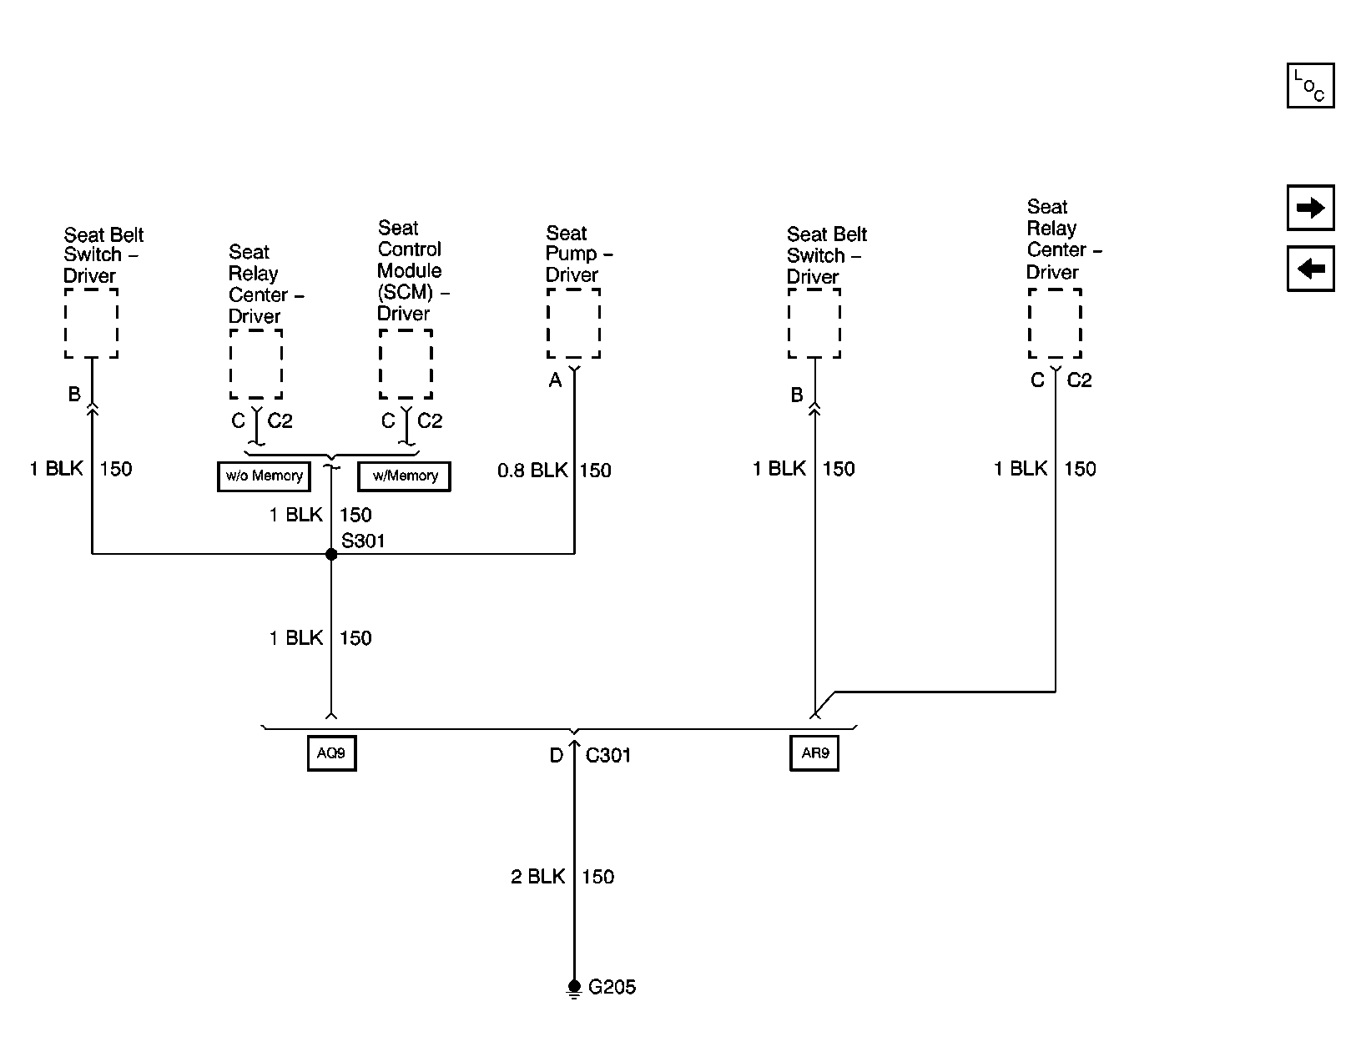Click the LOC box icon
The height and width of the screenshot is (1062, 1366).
tap(1310, 86)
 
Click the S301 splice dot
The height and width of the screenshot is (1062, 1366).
tap(331, 554)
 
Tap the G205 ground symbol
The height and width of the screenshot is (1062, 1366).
tap(574, 989)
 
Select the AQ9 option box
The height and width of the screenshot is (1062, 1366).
tap(331, 753)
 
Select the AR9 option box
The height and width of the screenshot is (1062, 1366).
tap(814, 753)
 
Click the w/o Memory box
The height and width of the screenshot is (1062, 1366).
tap(264, 476)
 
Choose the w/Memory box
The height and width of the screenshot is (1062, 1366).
tap(405, 476)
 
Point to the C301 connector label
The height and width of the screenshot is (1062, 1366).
tap(608, 756)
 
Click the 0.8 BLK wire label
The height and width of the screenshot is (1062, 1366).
tap(532, 471)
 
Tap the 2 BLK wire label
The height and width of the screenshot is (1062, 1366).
tap(538, 877)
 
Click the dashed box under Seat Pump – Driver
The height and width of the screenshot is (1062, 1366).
tap(573, 324)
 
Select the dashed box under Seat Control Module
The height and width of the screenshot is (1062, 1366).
tap(406, 365)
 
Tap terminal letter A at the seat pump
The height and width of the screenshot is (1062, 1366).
tap(555, 381)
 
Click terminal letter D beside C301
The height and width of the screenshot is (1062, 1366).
tap(556, 757)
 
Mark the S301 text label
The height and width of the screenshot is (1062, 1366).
tap(363, 541)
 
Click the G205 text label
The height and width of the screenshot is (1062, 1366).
tap(612, 988)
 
